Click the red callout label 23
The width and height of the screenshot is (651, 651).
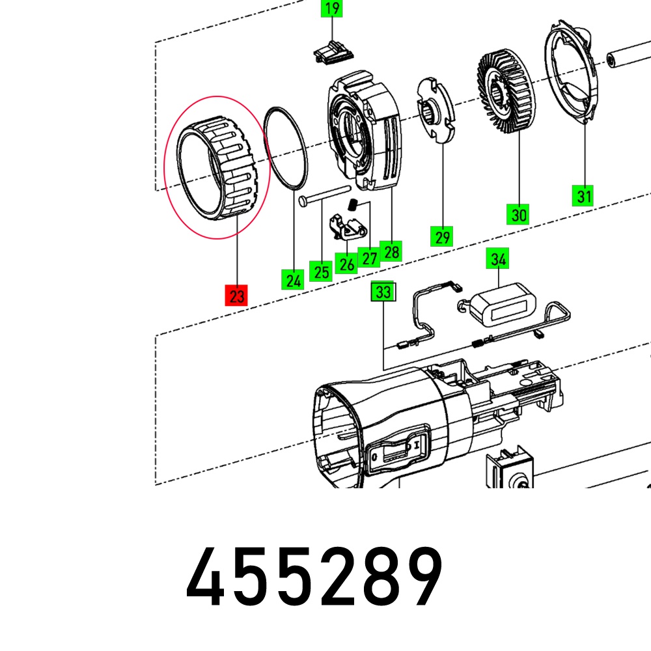coord(236,295)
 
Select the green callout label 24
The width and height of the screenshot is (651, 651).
coord(293,279)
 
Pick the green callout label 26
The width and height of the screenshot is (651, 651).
coord(346,263)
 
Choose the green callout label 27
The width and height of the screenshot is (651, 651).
coord(369,257)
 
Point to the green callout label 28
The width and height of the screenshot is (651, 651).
coord(391,251)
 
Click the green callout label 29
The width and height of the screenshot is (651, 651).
coord(442,236)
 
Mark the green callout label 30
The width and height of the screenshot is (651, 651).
coord(518,214)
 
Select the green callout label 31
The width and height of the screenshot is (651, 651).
coord(583,195)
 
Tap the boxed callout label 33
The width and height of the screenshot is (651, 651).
coord(383,292)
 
